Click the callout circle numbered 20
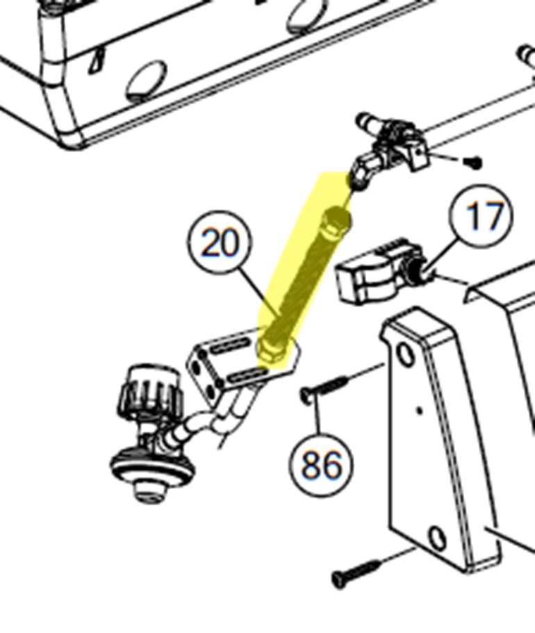click(x=220, y=242)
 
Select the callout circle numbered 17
click(x=482, y=216)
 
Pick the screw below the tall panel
click(x=356, y=573)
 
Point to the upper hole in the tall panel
click(x=405, y=354)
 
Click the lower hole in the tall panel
click(x=437, y=538)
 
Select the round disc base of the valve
click(x=153, y=465)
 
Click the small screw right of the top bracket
click(x=473, y=163)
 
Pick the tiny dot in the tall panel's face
click(x=420, y=411)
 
